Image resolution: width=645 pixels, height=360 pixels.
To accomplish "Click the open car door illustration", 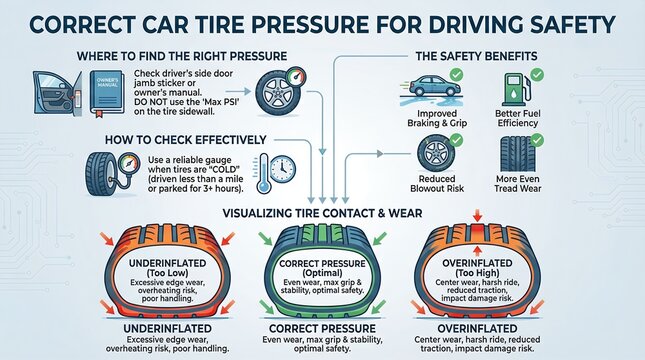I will point(56,90).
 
